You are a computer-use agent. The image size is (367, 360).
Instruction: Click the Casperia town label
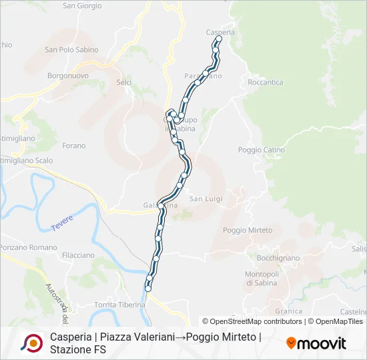pyautogui.click(x=220, y=32)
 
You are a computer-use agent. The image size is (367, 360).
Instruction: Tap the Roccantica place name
pyautogui.click(x=265, y=83)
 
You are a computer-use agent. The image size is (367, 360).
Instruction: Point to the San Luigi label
pyautogui.click(x=205, y=199)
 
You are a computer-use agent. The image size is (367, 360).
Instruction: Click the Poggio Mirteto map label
pyautogui.click(x=248, y=230)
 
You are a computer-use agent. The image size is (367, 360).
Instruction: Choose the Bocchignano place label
pyautogui.click(x=278, y=257)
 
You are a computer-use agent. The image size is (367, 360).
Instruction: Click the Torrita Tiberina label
pyautogui.click(x=119, y=305)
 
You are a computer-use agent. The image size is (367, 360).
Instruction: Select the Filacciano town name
pyautogui.click(x=78, y=255)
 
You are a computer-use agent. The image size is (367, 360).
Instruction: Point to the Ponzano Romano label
pyautogui.click(x=28, y=247)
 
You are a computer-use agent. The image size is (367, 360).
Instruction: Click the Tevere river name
pyautogui.click(x=62, y=223)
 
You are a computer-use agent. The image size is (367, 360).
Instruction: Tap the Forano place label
pyautogui.click(x=73, y=145)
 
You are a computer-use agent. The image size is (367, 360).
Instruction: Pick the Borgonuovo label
pyautogui.click(x=68, y=76)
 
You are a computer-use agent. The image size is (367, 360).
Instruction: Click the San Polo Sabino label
pyautogui.click(x=71, y=49)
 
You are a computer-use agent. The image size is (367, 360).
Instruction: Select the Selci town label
pyautogui.click(x=123, y=82)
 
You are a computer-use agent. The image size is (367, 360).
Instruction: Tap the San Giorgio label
pyautogui.click(x=82, y=6)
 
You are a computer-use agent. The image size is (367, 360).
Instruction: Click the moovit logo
pyautogui.click(x=316, y=343)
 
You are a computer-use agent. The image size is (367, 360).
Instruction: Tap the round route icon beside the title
pyautogui.click(x=31, y=343)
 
